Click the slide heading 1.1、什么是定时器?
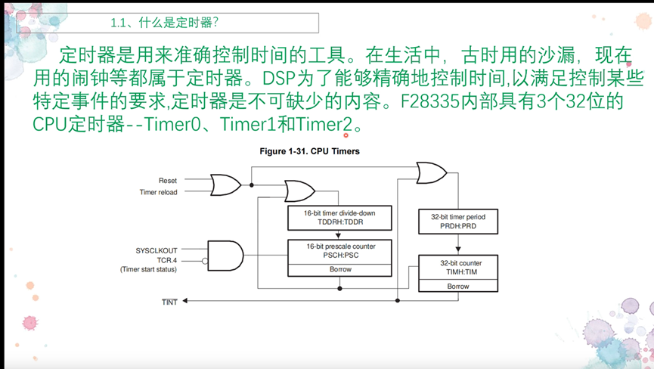click(x=164, y=23)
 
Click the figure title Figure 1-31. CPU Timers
click(x=309, y=151)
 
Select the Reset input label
click(x=168, y=181)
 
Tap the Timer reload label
click(x=159, y=192)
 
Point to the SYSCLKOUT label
click(x=157, y=250)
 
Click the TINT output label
click(x=169, y=302)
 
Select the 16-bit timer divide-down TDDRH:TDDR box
click(x=339, y=218)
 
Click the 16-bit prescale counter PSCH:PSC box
click(x=339, y=250)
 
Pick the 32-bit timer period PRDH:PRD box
click(x=458, y=222)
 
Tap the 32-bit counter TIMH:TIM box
click(x=458, y=268)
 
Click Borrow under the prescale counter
click(x=340, y=269)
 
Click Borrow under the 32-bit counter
click(x=458, y=286)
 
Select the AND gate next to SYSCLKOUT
click(x=225, y=256)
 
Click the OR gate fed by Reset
click(x=225, y=184)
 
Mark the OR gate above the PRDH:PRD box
click(x=431, y=172)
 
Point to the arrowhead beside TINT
click(x=186, y=301)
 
